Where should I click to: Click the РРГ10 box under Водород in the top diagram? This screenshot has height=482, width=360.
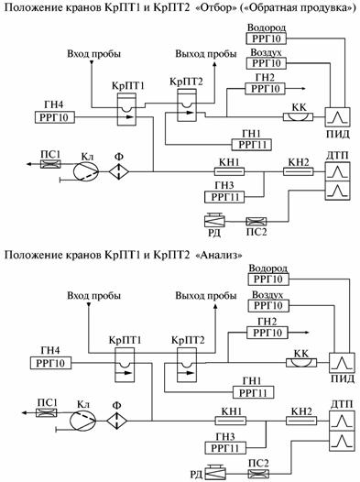[x=266, y=38]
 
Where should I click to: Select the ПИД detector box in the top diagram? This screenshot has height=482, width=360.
[x=338, y=116]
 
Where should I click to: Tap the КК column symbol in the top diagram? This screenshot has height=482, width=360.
[x=298, y=116]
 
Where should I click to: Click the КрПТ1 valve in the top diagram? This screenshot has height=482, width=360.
[x=126, y=109]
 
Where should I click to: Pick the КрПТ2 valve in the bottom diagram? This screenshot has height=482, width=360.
[x=186, y=365]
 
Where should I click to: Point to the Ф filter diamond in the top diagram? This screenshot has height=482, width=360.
[x=119, y=171]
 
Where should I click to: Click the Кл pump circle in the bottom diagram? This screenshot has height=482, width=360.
[x=83, y=421]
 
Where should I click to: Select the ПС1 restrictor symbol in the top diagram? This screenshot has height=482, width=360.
[x=50, y=164]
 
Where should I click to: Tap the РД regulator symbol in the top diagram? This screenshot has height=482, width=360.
[x=214, y=220]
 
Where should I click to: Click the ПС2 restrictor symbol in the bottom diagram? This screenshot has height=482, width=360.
[x=258, y=473]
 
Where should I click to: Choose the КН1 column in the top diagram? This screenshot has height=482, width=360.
[x=229, y=171]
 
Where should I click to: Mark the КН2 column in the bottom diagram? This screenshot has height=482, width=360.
[x=301, y=421]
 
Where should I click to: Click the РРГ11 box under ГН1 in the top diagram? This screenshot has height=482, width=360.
[x=252, y=145]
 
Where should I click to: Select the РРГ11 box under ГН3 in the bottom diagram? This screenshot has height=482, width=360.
[x=225, y=448]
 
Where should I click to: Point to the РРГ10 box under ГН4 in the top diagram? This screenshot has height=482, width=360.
[x=55, y=117]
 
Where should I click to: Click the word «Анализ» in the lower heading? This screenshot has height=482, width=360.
[x=218, y=255]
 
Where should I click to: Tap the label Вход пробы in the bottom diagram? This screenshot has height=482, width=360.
[x=93, y=296]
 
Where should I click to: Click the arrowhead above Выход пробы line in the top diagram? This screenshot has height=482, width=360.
[x=214, y=64]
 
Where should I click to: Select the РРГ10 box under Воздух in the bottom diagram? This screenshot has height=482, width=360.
[x=267, y=306]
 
